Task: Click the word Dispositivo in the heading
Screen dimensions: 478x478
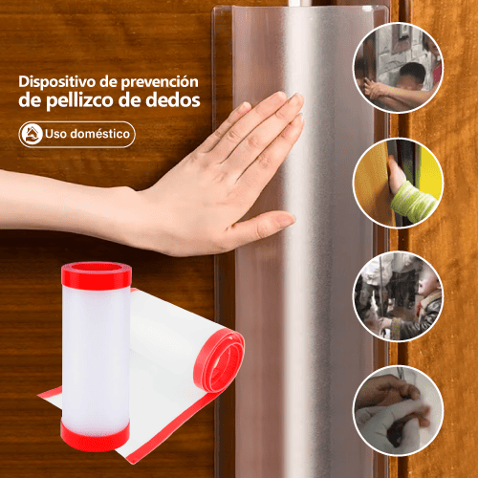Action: tap(57, 82)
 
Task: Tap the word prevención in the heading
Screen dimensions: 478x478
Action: tap(160, 82)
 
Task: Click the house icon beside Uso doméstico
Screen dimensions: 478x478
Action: tap(31, 134)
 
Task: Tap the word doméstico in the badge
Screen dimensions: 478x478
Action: tap(100, 134)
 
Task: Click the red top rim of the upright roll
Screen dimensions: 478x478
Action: tap(97, 274)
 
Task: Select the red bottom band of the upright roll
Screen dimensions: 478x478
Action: tap(95, 437)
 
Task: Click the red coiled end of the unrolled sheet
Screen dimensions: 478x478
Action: tap(219, 360)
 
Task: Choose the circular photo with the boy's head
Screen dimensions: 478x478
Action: tap(398, 68)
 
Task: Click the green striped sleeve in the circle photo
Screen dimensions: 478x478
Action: tap(414, 201)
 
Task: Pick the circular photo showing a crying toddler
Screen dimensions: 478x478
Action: tap(398, 296)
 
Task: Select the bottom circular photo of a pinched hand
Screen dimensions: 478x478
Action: tap(398, 411)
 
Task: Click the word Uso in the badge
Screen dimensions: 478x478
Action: tap(55, 134)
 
